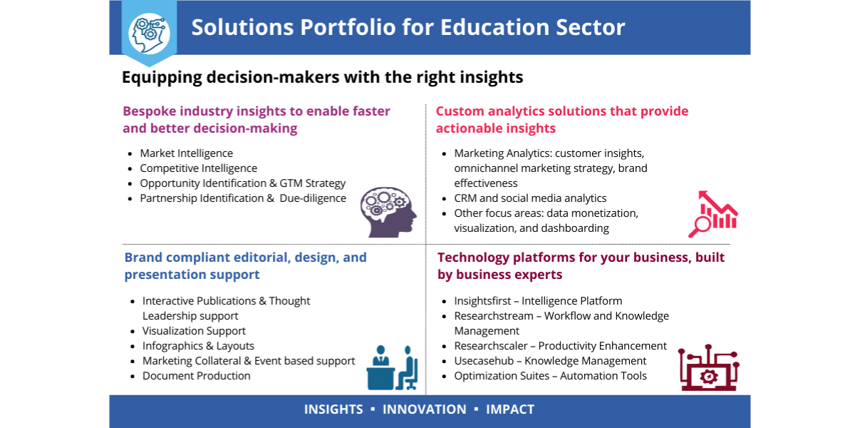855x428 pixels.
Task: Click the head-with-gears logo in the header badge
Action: pyautogui.click(x=149, y=34)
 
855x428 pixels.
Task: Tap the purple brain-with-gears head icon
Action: pyautogui.click(x=388, y=212)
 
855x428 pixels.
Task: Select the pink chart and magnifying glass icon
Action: pyautogui.click(x=713, y=214)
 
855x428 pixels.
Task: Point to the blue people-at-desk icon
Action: pyautogui.click(x=392, y=367)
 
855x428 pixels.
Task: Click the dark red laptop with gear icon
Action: pyautogui.click(x=708, y=367)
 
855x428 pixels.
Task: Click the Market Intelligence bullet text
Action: pyautogui.click(x=186, y=153)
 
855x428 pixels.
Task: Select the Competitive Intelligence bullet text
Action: pyautogui.click(x=199, y=168)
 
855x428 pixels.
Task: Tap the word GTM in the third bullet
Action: pyautogui.click(x=291, y=183)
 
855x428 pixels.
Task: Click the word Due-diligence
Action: pyautogui.click(x=313, y=198)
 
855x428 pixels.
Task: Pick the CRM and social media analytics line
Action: pyautogui.click(x=530, y=198)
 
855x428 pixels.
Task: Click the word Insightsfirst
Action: pyautogui.click(x=482, y=301)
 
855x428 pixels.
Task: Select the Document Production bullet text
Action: pyautogui.click(x=196, y=376)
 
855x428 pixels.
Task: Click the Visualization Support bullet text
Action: pyautogui.click(x=194, y=331)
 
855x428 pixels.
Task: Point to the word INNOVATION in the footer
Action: pyautogui.click(x=425, y=409)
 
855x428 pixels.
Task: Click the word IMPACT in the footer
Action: pyautogui.click(x=510, y=409)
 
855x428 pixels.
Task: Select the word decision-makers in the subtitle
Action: pyautogui.click(x=273, y=77)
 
